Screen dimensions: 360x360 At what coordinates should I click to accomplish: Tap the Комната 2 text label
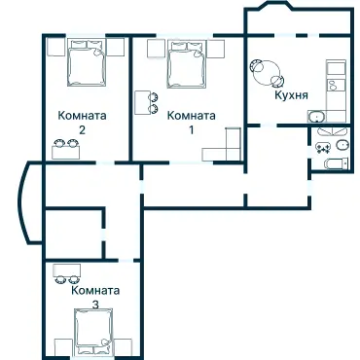tap(83, 121)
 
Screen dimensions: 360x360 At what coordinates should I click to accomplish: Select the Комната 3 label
tap(95, 297)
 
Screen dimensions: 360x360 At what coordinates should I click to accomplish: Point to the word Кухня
tap(293, 95)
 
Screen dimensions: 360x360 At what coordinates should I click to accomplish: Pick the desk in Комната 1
tap(142, 102)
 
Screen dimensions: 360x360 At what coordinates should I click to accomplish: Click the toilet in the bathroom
tap(322, 147)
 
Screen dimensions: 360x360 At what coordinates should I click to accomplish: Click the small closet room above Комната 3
tap(73, 236)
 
